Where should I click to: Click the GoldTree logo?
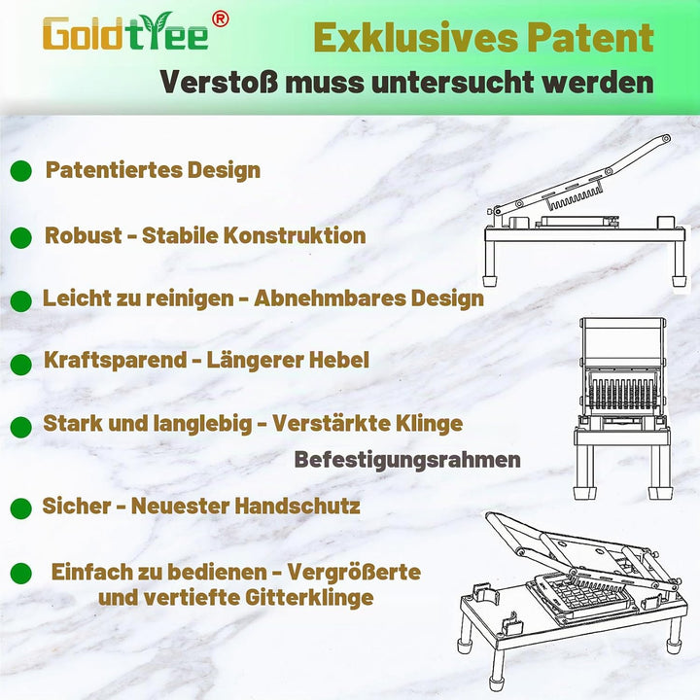pos(125,32)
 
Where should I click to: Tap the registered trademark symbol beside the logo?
pos(220,18)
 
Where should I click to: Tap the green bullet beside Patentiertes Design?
pos(21,170)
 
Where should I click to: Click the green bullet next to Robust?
pos(21,237)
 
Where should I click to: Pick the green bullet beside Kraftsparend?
pos(21,365)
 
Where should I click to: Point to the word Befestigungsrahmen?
pos(407,460)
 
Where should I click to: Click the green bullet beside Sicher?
pos(21,508)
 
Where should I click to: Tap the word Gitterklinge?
pos(309,597)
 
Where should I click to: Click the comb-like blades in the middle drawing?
pos(621,392)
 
